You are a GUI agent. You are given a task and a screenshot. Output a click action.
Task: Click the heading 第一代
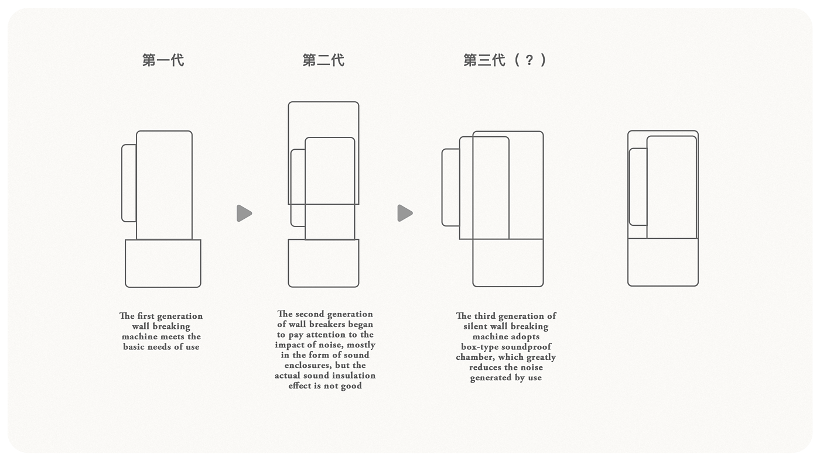(163, 60)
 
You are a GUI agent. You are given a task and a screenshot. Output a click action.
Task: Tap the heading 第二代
(323, 60)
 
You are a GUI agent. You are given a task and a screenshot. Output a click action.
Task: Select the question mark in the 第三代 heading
(529, 60)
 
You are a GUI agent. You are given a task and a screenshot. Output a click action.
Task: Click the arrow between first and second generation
(244, 214)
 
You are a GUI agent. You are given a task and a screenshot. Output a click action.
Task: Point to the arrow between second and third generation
(404, 214)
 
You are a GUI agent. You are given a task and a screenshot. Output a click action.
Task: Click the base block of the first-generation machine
(163, 263)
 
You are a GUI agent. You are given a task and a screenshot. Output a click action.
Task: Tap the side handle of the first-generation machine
(129, 183)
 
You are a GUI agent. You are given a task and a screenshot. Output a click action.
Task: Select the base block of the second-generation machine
(323, 263)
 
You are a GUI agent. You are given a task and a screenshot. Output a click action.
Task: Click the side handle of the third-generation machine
(450, 187)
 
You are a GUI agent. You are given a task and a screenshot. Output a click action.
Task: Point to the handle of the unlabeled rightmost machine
(638, 187)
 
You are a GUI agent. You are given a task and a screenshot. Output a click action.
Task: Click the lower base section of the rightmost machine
(663, 262)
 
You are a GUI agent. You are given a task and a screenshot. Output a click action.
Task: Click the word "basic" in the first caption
(134, 347)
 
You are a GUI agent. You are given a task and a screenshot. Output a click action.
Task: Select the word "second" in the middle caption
(310, 314)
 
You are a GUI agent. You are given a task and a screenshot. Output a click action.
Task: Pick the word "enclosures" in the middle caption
(303, 365)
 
